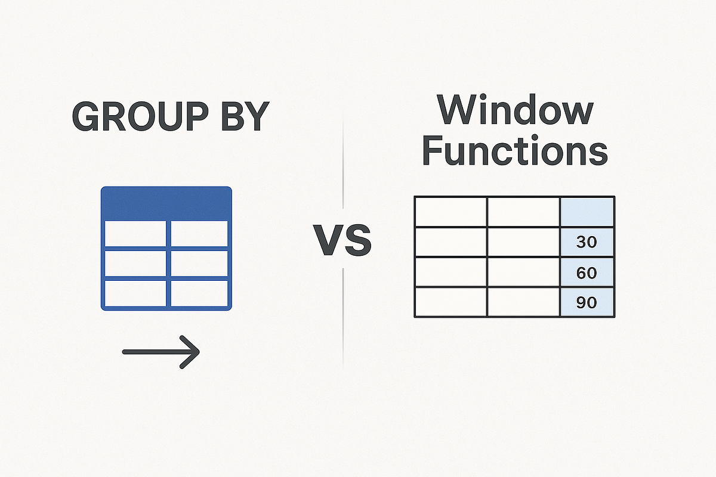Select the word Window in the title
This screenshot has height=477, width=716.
coord(514,111)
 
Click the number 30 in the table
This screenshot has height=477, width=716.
coord(587,242)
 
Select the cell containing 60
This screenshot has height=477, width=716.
coord(587,272)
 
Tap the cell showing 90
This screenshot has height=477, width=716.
coord(587,302)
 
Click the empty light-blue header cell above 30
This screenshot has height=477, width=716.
coord(587,212)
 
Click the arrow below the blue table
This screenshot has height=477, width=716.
coord(161,352)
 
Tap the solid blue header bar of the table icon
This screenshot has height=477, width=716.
coord(166,203)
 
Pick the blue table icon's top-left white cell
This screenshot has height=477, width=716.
coord(134,233)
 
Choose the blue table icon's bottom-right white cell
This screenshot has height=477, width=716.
coord(199,292)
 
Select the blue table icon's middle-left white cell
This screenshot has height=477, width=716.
coord(134,263)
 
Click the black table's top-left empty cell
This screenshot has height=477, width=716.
coord(450,212)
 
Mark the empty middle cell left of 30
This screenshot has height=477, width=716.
coord(523,242)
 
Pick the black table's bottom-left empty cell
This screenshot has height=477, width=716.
coord(450,302)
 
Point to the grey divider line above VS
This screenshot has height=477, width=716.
coord(343,161)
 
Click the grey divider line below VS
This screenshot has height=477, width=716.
coord(343,316)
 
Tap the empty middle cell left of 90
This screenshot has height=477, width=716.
coord(523,302)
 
